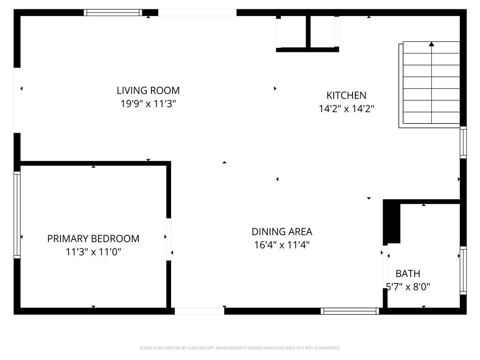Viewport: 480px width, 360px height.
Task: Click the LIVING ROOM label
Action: point(148,90)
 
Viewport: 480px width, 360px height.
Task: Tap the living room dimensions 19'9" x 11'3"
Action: point(148,104)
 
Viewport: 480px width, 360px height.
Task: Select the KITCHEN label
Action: point(346,96)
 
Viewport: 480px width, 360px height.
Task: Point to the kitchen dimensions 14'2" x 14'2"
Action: point(346,109)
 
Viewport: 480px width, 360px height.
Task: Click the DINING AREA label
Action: point(282,232)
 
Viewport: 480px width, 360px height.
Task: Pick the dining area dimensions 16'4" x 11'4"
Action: point(282,245)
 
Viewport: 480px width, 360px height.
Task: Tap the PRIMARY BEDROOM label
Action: point(93,239)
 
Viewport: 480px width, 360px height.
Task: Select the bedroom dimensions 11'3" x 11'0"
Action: point(93,252)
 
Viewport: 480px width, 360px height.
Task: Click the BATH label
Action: point(408,273)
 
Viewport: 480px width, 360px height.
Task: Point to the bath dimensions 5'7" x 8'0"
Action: point(408,287)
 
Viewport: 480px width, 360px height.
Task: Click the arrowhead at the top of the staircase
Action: point(432,44)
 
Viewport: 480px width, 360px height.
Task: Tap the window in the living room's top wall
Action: point(113,13)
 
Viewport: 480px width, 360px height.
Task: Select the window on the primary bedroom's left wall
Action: point(17,215)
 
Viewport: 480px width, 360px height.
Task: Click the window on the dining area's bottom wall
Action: point(350,311)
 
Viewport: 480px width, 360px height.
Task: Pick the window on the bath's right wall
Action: point(463,270)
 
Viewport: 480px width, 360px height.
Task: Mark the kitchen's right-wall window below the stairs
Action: point(463,142)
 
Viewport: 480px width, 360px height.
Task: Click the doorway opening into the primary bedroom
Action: point(168,239)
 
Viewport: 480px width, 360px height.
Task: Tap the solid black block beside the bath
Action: point(391,222)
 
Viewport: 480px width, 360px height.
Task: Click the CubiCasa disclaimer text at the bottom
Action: point(240,348)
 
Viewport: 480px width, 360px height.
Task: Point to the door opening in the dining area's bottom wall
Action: point(199,311)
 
